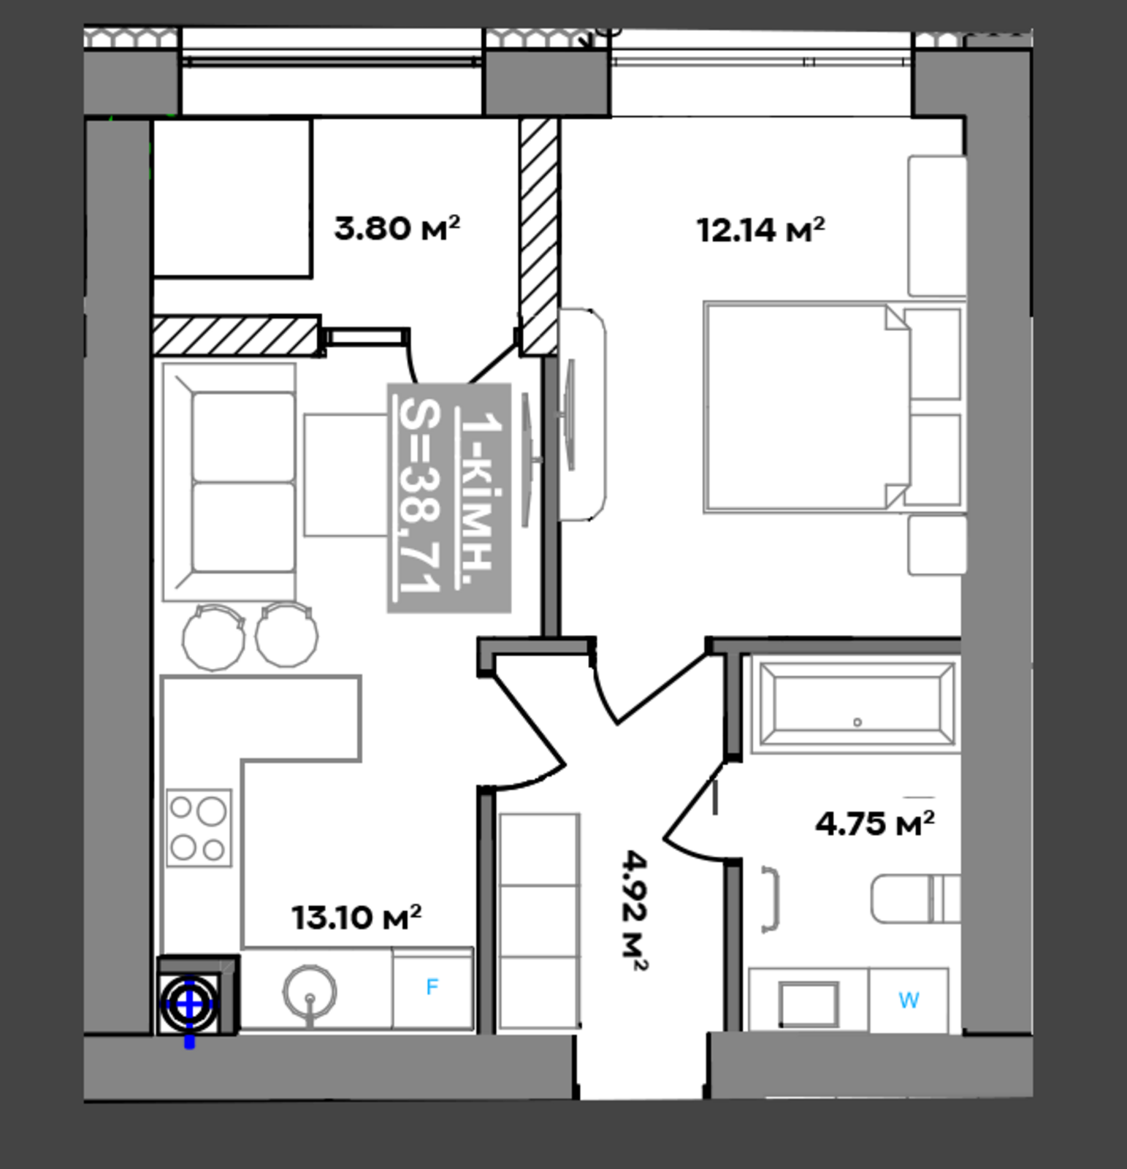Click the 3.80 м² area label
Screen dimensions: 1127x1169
[x=397, y=228]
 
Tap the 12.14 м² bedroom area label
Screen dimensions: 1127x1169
[x=761, y=229]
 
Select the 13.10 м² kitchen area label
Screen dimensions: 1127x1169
[x=356, y=918]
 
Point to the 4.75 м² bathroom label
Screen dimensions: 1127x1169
[x=875, y=823]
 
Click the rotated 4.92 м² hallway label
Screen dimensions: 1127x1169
[x=634, y=910]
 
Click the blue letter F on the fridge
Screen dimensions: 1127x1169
[x=432, y=987]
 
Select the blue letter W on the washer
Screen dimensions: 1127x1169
[x=909, y=1000]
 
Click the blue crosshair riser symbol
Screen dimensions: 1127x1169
[x=190, y=1005]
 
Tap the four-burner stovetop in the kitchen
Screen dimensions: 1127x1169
[x=199, y=828]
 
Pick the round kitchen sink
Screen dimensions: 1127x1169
[x=310, y=993]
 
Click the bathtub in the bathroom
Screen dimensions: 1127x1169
[x=856, y=704]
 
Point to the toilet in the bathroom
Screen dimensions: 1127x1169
[x=915, y=899]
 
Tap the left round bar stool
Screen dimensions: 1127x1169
[x=213, y=636]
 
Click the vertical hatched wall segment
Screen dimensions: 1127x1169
[x=539, y=237]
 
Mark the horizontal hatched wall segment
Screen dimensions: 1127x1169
[x=237, y=336]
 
